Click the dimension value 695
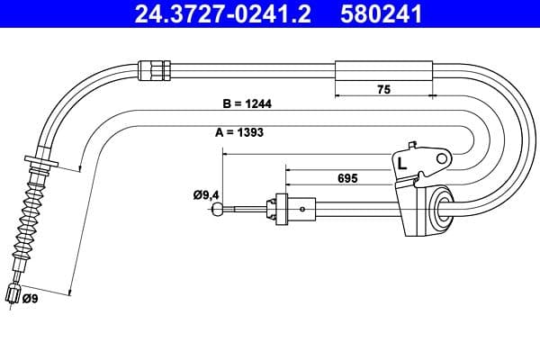347,178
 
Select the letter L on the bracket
401,164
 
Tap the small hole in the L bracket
440,159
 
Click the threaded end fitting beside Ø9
13,292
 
